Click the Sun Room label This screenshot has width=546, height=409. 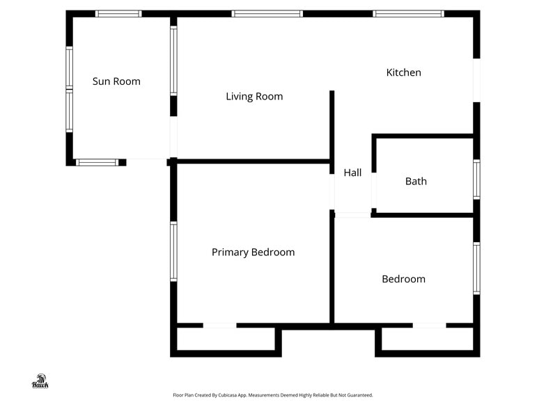pyautogui.click(x=116, y=81)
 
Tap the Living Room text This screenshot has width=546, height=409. pyautogui.click(x=254, y=97)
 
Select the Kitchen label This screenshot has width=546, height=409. pyautogui.click(x=403, y=72)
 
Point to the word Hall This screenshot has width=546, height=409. pyautogui.click(x=352, y=173)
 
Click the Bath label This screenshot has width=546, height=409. pyautogui.click(x=416, y=182)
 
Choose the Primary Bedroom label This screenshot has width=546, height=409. pyautogui.click(x=253, y=252)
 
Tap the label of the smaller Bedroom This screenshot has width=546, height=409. pyautogui.click(x=403, y=279)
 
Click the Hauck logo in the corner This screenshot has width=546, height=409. pyautogui.click(x=40, y=380)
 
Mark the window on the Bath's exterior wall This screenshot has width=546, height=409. pyautogui.click(x=476, y=179)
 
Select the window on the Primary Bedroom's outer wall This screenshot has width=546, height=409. pyautogui.click(x=173, y=251)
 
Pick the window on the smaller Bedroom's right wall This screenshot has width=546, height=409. pyautogui.click(x=476, y=268)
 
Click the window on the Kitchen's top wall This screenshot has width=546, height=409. pyautogui.click(x=408, y=13)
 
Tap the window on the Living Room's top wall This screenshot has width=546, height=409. pyautogui.click(x=267, y=13)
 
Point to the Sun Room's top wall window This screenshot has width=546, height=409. pyautogui.click(x=118, y=13)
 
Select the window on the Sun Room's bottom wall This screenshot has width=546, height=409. pyautogui.click(x=97, y=163)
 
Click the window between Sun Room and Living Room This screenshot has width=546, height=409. pyautogui.click(x=173, y=61)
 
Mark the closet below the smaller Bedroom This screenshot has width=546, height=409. pyautogui.click(x=427, y=339)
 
